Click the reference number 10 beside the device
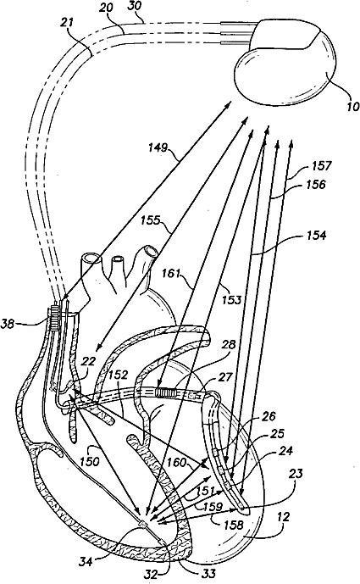352,106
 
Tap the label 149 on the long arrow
158,147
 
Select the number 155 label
151,220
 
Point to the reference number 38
8,324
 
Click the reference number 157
321,164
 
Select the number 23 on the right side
296,474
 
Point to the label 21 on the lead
68,23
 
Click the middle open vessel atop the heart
119,259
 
